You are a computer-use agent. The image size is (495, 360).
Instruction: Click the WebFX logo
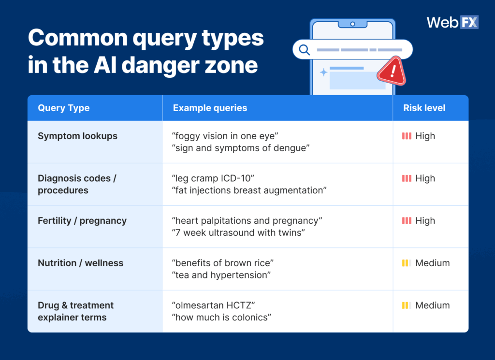click(x=452, y=22)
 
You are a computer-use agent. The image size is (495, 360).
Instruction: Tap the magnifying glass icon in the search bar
click(x=304, y=49)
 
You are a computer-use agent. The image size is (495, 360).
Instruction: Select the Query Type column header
click(x=63, y=108)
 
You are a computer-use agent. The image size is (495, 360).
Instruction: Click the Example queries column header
click(x=210, y=108)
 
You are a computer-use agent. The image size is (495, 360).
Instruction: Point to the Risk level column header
click(x=424, y=108)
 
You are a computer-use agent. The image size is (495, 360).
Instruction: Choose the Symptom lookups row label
click(x=77, y=136)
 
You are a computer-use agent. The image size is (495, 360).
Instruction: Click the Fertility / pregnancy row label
click(x=82, y=220)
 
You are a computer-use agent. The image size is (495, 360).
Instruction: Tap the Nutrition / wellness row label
click(x=80, y=263)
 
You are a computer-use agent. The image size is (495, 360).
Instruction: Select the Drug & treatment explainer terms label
click(x=75, y=311)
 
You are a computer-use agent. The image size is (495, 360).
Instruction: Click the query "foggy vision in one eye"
click(x=226, y=136)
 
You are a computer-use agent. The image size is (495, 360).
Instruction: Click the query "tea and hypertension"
click(x=220, y=275)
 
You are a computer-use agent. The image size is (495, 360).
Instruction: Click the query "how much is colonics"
click(x=221, y=317)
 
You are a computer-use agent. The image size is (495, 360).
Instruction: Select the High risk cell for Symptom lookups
click(x=419, y=136)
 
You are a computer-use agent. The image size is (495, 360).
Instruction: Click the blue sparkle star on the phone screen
click(x=323, y=72)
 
